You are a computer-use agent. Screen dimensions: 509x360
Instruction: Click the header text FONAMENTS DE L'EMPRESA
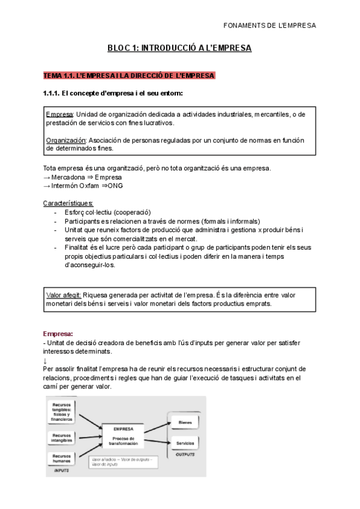point(268,26)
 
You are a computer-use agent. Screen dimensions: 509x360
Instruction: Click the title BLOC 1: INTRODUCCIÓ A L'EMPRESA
point(179,47)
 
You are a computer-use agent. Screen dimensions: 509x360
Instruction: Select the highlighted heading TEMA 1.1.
point(128,76)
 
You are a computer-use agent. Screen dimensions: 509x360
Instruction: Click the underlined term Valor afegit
point(64,295)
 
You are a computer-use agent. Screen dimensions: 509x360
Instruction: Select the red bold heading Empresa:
point(58,333)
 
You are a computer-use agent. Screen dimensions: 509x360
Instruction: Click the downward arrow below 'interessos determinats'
point(46,360)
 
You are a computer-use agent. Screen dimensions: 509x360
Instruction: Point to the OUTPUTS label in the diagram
point(186,454)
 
